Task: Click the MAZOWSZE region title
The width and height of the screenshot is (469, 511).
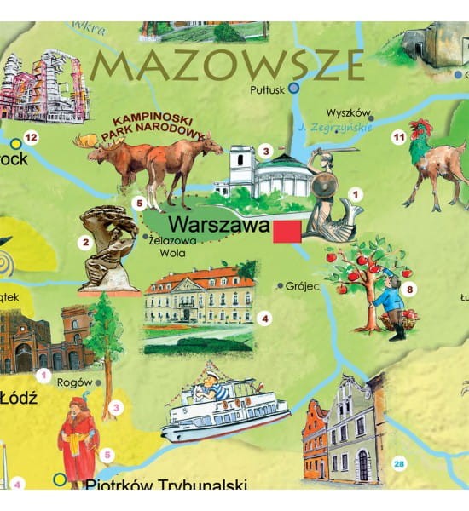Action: [228, 64]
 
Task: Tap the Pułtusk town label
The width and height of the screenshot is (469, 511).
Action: [268, 89]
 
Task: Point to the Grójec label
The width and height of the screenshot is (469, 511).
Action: [302, 286]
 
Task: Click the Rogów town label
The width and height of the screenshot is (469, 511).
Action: [74, 382]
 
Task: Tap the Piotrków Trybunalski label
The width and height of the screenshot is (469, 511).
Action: [149, 486]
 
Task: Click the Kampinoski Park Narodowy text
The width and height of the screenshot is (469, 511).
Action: [153, 125]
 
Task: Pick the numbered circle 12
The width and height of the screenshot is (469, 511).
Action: [32, 137]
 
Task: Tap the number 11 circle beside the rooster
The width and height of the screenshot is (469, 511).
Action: [397, 136]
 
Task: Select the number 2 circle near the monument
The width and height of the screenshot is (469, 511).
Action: [84, 242]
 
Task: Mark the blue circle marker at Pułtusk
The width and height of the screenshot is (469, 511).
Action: [294, 88]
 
